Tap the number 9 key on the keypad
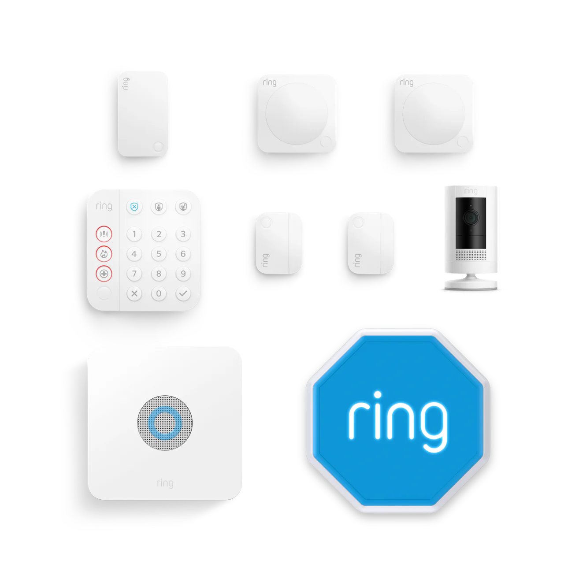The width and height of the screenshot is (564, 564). (183, 274)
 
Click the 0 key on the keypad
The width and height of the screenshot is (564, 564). (159, 293)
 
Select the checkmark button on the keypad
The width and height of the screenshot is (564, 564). (183, 293)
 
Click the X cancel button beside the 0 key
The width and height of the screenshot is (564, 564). (134, 293)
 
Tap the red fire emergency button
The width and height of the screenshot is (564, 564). (104, 254)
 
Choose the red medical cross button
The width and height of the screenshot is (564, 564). (104, 274)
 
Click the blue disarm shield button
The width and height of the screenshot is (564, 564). (134, 207)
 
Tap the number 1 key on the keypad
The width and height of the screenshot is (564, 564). (134, 234)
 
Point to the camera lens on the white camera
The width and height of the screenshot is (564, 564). (471, 218)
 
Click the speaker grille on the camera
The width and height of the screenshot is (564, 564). (471, 255)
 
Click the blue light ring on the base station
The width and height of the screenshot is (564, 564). (165, 423)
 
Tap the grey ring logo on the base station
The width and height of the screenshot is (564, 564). (165, 483)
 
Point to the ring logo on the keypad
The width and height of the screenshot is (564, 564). (104, 206)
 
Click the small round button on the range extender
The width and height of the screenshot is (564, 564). (159, 147)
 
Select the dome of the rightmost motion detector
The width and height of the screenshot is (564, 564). (434, 114)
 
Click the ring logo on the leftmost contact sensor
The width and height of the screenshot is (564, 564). (265, 260)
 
